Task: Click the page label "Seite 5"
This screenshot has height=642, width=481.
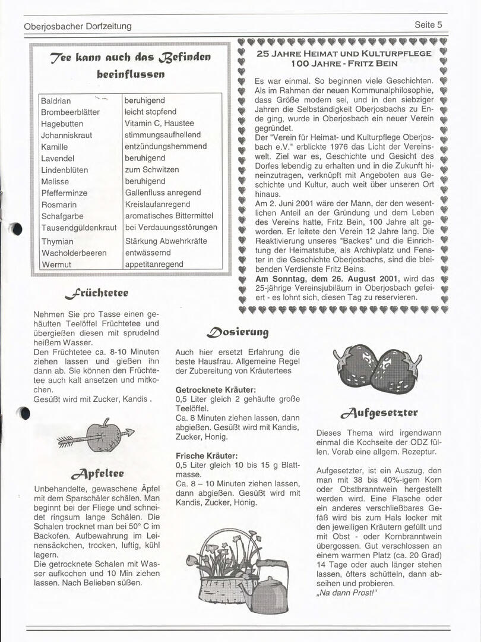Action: click(x=428, y=25)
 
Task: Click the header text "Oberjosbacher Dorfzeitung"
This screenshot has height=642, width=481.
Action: click(x=78, y=26)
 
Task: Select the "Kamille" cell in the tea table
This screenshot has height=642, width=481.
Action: click(x=54, y=147)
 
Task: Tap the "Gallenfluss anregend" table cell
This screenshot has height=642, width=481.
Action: click(x=163, y=193)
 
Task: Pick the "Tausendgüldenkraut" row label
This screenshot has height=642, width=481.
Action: click(x=79, y=228)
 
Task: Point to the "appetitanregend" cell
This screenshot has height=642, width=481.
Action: click(x=154, y=264)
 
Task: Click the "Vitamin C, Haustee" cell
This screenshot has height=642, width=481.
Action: click(x=159, y=123)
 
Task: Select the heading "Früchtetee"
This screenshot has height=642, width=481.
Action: click(x=97, y=292)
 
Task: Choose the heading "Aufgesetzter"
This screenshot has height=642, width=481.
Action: click(x=379, y=412)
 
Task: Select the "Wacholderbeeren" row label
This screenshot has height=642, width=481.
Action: click(x=74, y=253)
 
